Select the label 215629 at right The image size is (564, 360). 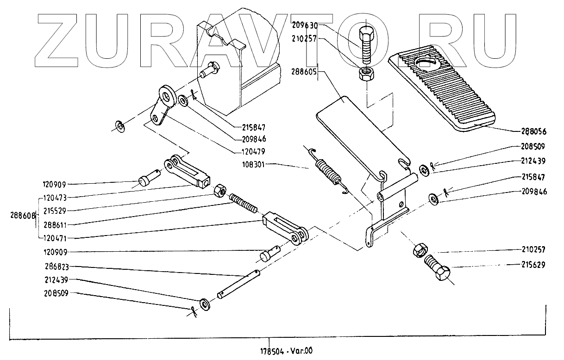[x=534, y=265]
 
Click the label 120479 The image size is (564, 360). [x=253, y=151]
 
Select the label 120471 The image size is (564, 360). [x=54, y=238]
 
